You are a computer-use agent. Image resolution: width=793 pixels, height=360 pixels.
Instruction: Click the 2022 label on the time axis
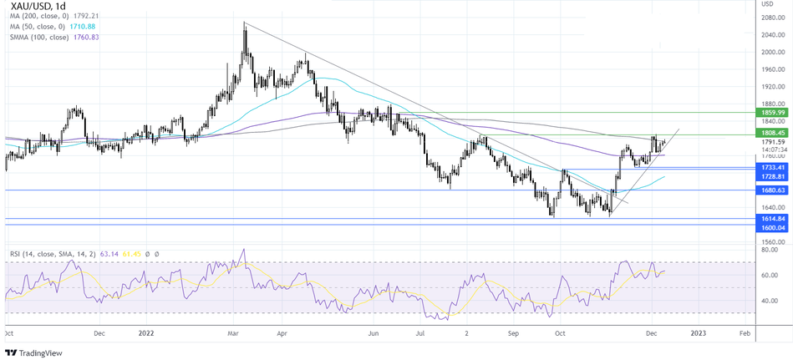(146, 332)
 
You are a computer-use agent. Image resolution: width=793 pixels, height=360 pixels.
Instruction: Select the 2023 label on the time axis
(698, 332)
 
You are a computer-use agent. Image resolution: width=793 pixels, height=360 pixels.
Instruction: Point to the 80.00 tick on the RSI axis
(768, 248)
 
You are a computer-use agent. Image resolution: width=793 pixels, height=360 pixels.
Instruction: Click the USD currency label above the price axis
(768, 5)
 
